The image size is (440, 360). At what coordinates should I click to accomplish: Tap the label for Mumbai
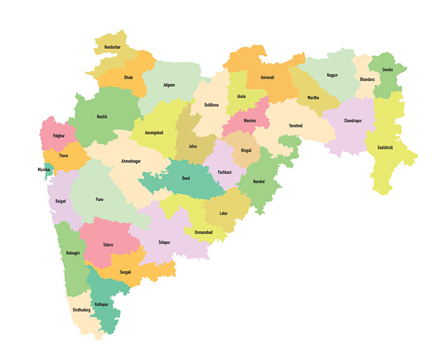pyautogui.click(x=44, y=170)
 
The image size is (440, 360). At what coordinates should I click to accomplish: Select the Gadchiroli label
pyautogui.click(x=386, y=148)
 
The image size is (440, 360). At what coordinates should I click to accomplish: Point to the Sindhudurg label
pyautogui.click(x=81, y=310)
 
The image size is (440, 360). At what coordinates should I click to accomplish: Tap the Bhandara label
pyautogui.click(x=367, y=80)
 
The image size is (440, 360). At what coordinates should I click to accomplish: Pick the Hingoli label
pyautogui.click(x=246, y=149)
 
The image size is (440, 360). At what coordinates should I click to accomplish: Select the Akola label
pyautogui.click(x=241, y=96)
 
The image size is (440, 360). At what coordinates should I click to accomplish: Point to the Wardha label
pyautogui.click(x=313, y=97)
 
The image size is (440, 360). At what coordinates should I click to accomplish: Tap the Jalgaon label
pyautogui.click(x=169, y=85)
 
